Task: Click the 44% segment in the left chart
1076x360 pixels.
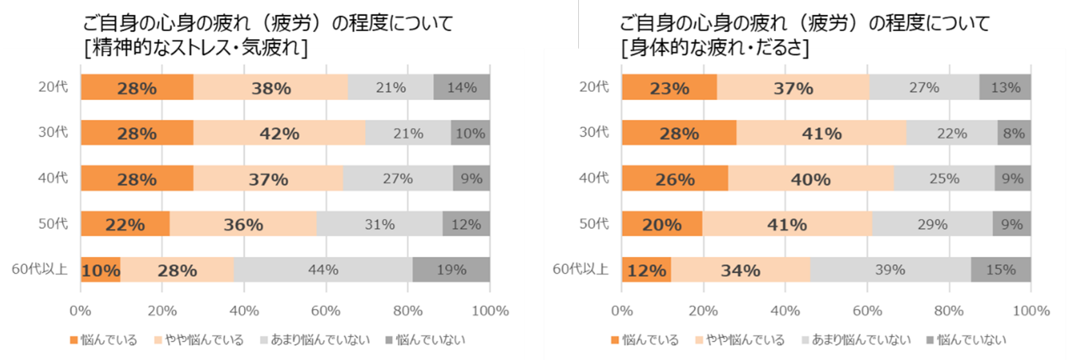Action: pyautogui.click(x=323, y=270)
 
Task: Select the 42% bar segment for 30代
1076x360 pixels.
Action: pyautogui.click(x=279, y=133)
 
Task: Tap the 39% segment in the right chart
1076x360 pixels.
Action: pyautogui.click(x=890, y=270)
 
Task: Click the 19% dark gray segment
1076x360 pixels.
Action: pyautogui.click(x=451, y=270)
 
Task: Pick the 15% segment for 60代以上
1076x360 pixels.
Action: pyautogui.click(x=1001, y=270)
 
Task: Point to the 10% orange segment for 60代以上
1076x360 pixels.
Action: pyautogui.click(x=100, y=270)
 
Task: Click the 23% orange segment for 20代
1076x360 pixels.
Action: pyautogui.click(x=669, y=88)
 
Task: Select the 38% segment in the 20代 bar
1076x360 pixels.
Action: pyautogui.click(x=271, y=88)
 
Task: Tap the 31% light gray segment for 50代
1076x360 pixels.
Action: pyautogui.click(x=379, y=224)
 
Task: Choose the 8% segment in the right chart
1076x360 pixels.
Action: pyautogui.click(x=1014, y=133)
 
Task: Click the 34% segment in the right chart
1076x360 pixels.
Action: pyautogui.click(x=741, y=270)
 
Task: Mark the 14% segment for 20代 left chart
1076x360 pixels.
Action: pyautogui.click(x=462, y=88)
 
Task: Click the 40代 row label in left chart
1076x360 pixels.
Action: pyautogui.click(x=53, y=178)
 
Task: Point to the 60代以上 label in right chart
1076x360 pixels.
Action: pyautogui.click(x=580, y=269)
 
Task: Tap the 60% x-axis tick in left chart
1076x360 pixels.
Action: pyautogui.click(x=326, y=311)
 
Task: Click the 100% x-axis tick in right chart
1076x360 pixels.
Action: pyautogui.click(x=1031, y=311)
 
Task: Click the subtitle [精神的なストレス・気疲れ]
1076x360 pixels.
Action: pyautogui.click(x=196, y=48)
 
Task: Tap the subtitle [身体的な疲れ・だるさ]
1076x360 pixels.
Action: pyautogui.click(x=715, y=48)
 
